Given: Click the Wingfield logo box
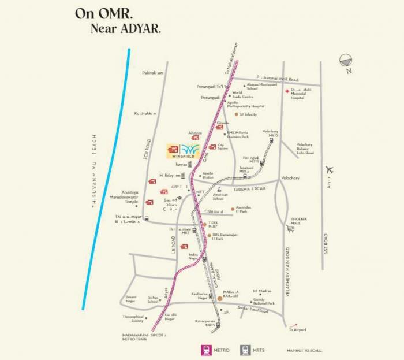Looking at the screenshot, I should click(x=184, y=150).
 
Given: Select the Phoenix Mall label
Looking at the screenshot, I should click(x=299, y=221).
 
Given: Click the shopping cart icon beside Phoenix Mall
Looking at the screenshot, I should click(x=291, y=229).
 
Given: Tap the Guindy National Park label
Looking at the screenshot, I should click(x=263, y=301).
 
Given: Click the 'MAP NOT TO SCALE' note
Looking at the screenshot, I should click(x=304, y=351).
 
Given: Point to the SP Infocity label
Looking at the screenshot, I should click(x=248, y=114).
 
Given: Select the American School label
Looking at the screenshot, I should click(x=220, y=197).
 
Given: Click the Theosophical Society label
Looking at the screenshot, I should click(x=132, y=318).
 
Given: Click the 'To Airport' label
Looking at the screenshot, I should click(x=299, y=329).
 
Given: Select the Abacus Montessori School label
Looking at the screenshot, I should click(x=260, y=87).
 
